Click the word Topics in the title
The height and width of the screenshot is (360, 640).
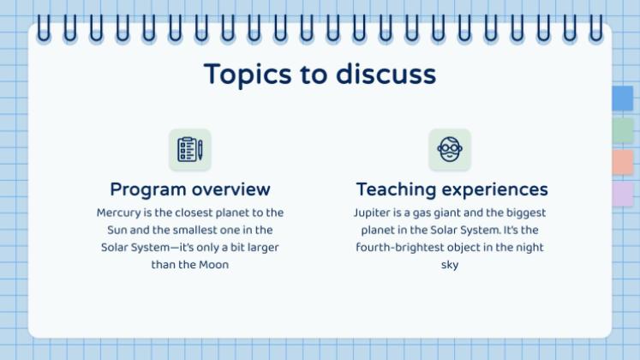[248, 75]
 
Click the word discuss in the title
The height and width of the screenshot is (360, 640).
[386, 74]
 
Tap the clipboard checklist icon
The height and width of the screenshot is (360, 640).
[187, 149]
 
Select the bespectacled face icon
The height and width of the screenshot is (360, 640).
[450, 149]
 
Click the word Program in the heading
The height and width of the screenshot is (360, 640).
[148, 190]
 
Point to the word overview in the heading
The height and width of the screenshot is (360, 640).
[231, 189]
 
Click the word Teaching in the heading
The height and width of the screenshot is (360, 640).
[397, 190]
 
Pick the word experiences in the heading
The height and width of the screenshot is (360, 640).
[494, 190]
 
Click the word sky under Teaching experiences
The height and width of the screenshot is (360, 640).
[450, 266]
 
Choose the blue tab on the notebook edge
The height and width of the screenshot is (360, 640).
[623, 98]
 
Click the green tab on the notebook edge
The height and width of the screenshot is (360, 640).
[623, 130]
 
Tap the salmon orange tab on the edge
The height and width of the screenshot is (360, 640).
[623, 163]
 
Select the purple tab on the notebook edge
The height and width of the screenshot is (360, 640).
[623, 195]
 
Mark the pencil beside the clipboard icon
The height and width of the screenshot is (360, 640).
[200, 149]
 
